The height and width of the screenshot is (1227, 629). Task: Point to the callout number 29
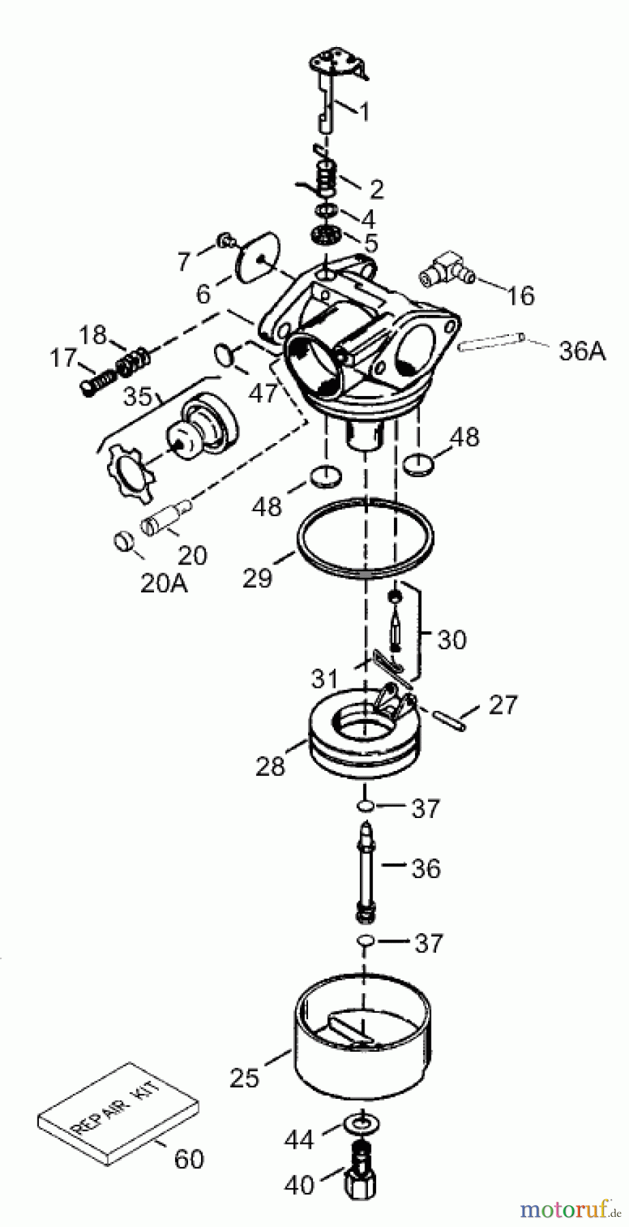(257, 578)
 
